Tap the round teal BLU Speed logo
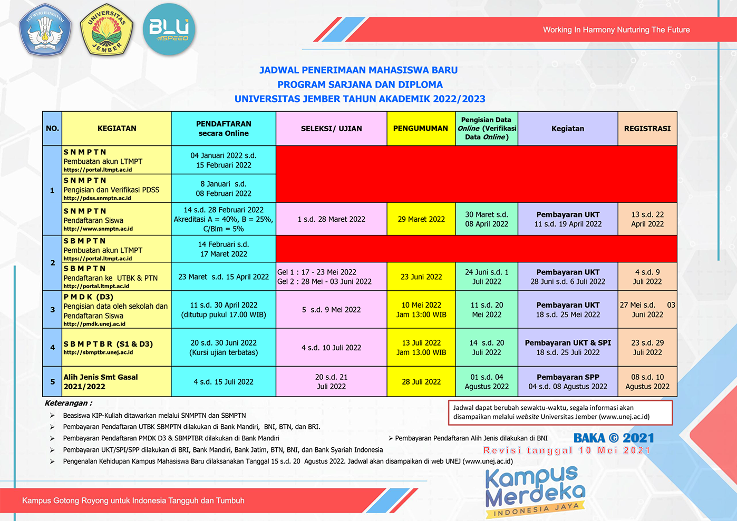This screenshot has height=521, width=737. (169, 30)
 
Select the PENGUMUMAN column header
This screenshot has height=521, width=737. (421, 128)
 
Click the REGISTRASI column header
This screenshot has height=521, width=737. (647, 128)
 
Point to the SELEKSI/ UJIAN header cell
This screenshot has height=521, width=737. (331, 128)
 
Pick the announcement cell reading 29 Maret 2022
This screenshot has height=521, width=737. (421, 219)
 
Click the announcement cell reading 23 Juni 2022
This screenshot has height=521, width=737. (421, 277)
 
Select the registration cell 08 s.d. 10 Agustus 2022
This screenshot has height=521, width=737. (647, 381)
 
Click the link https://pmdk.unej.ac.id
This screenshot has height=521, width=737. (94, 324)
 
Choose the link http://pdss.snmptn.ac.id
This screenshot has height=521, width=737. (97, 198)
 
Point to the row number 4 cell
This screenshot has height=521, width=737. (52, 348)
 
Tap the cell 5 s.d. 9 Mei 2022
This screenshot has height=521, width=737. (331, 310)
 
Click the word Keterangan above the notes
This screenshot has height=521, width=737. (68, 403)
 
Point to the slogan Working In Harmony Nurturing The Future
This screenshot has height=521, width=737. (616, 30)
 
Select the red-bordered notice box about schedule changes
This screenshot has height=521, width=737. (560, 412)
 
